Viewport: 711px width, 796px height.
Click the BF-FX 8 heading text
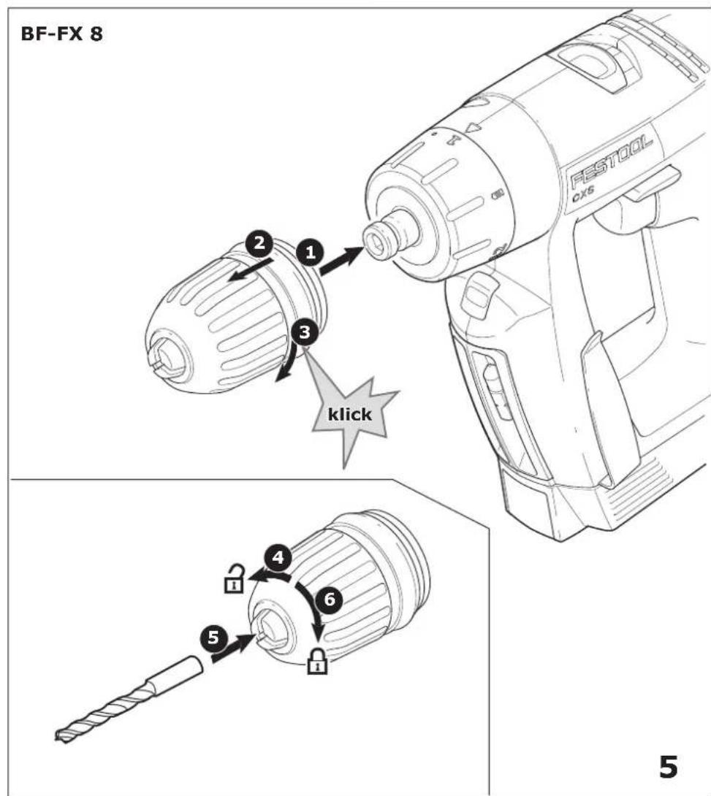coord(61,34)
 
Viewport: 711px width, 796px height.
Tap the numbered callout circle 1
coord(311,252)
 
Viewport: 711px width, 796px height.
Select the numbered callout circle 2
coord(259,242)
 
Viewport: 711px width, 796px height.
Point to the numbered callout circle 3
coord(305,332)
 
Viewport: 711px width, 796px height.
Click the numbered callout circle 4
coord(278,557)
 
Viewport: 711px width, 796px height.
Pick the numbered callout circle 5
coord(214,637)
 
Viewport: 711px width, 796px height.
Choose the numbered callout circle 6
coord(330,599)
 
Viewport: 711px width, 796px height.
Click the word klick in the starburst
coord(349,414)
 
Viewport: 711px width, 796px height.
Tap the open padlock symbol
coord(234,578)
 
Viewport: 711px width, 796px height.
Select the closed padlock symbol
coord(317,661)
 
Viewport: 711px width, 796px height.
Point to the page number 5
coord(669,767)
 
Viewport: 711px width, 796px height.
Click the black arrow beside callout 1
coord(342,261)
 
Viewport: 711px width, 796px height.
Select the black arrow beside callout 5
coord(233,646)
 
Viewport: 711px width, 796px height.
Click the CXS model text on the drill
coord(584,195)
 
